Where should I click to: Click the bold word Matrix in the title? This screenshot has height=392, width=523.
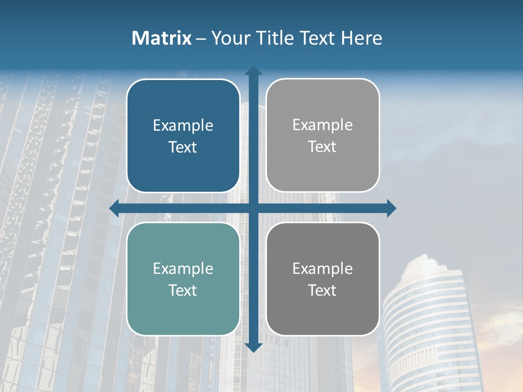[162, 38]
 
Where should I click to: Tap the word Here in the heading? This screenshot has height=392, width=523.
[362, 38]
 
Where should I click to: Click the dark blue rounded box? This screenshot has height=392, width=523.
[183, 136]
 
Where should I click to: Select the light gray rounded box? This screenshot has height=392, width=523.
[323, 136]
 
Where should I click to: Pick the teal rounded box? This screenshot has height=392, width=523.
[183, 279]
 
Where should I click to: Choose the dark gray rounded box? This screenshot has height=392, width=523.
[323, 279]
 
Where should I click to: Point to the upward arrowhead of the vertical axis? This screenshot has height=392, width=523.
[253, 71]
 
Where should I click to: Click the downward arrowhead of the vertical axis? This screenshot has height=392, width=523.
[253, 347]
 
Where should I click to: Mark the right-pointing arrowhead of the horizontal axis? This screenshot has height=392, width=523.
[391, 208]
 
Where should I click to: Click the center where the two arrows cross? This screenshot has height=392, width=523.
[253, 208]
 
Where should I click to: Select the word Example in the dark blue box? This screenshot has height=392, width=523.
[183, 126]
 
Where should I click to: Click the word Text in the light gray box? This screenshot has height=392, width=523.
[323, 146]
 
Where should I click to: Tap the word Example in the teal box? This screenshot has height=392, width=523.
[183, 268]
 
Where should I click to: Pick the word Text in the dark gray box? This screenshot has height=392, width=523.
[323, 290]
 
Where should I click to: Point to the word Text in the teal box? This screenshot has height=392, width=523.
[183, 290]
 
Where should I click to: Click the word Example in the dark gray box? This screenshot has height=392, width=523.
[323, 268]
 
